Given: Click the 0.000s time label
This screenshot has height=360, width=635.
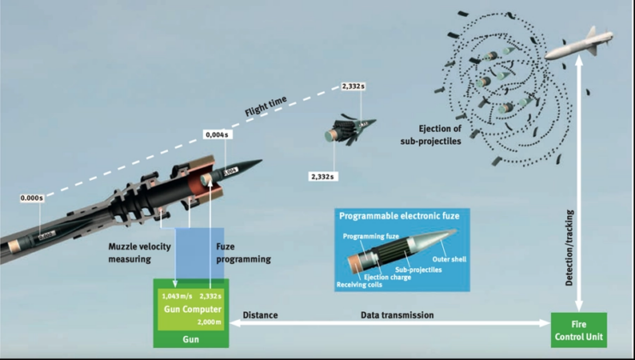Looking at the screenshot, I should click(33, 199).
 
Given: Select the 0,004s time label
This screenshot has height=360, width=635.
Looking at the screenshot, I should click(216, 134).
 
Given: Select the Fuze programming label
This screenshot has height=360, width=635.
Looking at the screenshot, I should click(240, 253).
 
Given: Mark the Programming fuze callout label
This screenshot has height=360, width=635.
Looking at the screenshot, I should click(368, 236).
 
